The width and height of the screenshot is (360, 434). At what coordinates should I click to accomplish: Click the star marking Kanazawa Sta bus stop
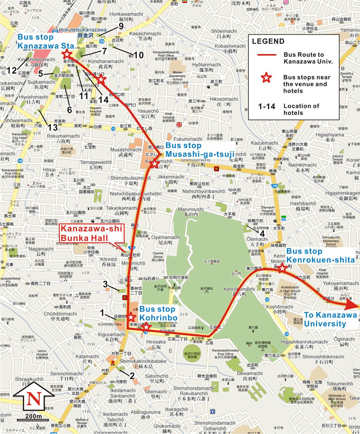pyautogui.click(x=67, y=53)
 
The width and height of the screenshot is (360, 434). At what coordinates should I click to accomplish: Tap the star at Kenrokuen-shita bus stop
pyautogui.click(x=282, y=268)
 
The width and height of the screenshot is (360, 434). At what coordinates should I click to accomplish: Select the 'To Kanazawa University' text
pyautogui.click(x=325, y=319)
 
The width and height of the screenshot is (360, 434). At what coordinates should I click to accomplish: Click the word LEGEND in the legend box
pyautogui.click(x=268, y=41)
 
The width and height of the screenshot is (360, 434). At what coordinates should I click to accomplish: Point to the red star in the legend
pyautogui.click(x=267, y=78)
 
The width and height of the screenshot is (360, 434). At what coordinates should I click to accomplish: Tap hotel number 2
pyautogui.click(x=131, y=376)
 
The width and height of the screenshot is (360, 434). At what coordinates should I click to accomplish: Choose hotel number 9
pyautogui.click(x=121, y=26)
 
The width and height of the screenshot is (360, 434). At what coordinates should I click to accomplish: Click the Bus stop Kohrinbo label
pyautogui.click(x=155, y=313)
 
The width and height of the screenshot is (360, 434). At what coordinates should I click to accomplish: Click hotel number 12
pyautogui.click(x=11, y=70)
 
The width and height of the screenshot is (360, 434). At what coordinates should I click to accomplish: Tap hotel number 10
pyautogui.click(x=139, y=55)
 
